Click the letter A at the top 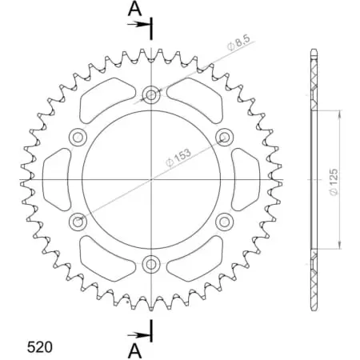click(x=136, y=10)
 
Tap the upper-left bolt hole click(x=78, y=137)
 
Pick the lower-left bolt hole click(x=78, y=221)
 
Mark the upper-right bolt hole click(x=223, y=137)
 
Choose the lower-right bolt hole click(x=223, y=221)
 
